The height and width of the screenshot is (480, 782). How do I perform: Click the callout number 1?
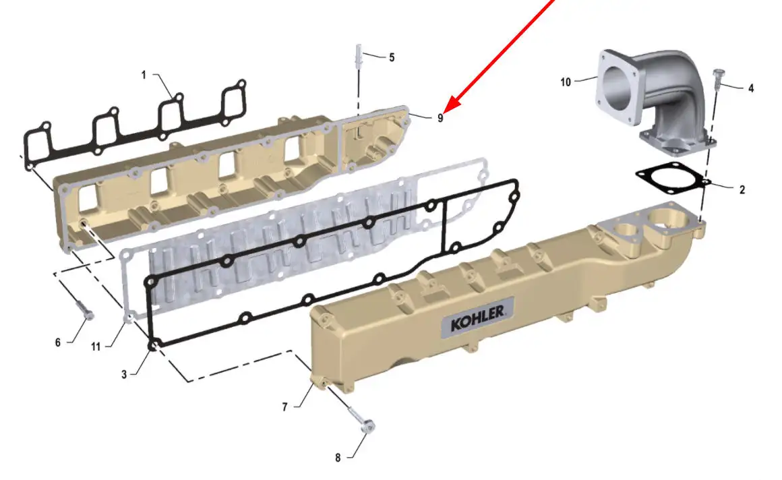(144, 75)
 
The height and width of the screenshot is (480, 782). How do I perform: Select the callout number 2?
(742, 189)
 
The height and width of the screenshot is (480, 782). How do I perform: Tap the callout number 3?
(124, 374)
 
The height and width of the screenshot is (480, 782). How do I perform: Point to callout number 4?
(751, 88)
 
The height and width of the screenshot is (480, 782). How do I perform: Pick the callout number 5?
(392, 58)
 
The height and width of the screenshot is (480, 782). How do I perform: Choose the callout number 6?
(58, 342)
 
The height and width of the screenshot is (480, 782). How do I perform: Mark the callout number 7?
(284, 407)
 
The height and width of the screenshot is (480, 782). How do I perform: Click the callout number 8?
(338, 458)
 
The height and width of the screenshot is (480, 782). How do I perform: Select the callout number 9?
(440, 118)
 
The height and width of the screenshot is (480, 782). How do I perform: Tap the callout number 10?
(566, 82)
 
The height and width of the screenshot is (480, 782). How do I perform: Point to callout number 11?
(96, 347)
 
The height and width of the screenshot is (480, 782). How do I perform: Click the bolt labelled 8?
(362, 419)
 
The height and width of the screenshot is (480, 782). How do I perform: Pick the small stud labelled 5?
(359, 56)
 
